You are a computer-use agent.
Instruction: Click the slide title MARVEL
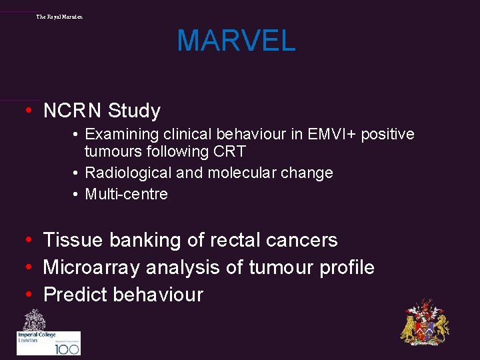[236, 41]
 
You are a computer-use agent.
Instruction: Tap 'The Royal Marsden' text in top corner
[59, 16]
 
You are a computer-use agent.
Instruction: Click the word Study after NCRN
[135, 111]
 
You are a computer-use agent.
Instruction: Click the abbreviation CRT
[230, 151]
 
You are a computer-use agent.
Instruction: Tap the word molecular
[243, 173]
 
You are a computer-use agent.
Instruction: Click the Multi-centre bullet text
[126, 195]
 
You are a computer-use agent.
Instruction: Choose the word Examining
[121, 135]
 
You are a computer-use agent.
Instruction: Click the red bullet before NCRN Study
[30, 111]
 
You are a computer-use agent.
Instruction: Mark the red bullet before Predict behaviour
[30, 295]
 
